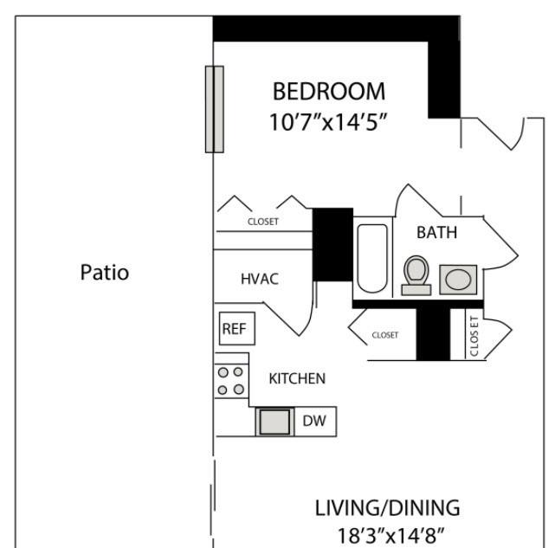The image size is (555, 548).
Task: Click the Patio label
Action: click(x=105, y=273)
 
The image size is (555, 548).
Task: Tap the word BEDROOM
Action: click(x=329, y=92)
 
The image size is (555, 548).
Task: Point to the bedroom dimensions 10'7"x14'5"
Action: click(x=328, y=122)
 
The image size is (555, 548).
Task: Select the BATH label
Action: click(x=436, y=233)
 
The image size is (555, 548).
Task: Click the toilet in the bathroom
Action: click(x=416, y=275)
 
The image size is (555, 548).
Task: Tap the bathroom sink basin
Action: click(x=458, y=280)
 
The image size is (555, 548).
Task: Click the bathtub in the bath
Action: click(x=372, y=259)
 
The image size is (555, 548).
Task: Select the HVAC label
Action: click(x=260, y=279)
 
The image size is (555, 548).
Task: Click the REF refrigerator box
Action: click(x=236, y=328)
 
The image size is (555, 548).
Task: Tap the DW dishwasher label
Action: click(x=314, y=421)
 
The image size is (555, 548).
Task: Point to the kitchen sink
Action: click(x=274, y=422)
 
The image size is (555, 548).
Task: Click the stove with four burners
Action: click(x=231, y=381)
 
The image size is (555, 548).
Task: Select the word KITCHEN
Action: click(x=297, y=379)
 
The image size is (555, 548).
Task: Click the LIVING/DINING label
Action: click(x=387, y=508)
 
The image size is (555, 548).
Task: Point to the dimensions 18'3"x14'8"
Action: click(x=390, y=536)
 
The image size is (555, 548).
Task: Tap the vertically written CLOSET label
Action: click(x=474, y=336)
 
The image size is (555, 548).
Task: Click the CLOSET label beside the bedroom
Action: click(x=263, y=222)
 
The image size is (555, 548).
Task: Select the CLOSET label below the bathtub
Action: click(x=385, y=335)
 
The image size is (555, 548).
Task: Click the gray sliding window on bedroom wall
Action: click(x=215, y=109)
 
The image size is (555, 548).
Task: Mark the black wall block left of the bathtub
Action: click(x=332, y=245)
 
